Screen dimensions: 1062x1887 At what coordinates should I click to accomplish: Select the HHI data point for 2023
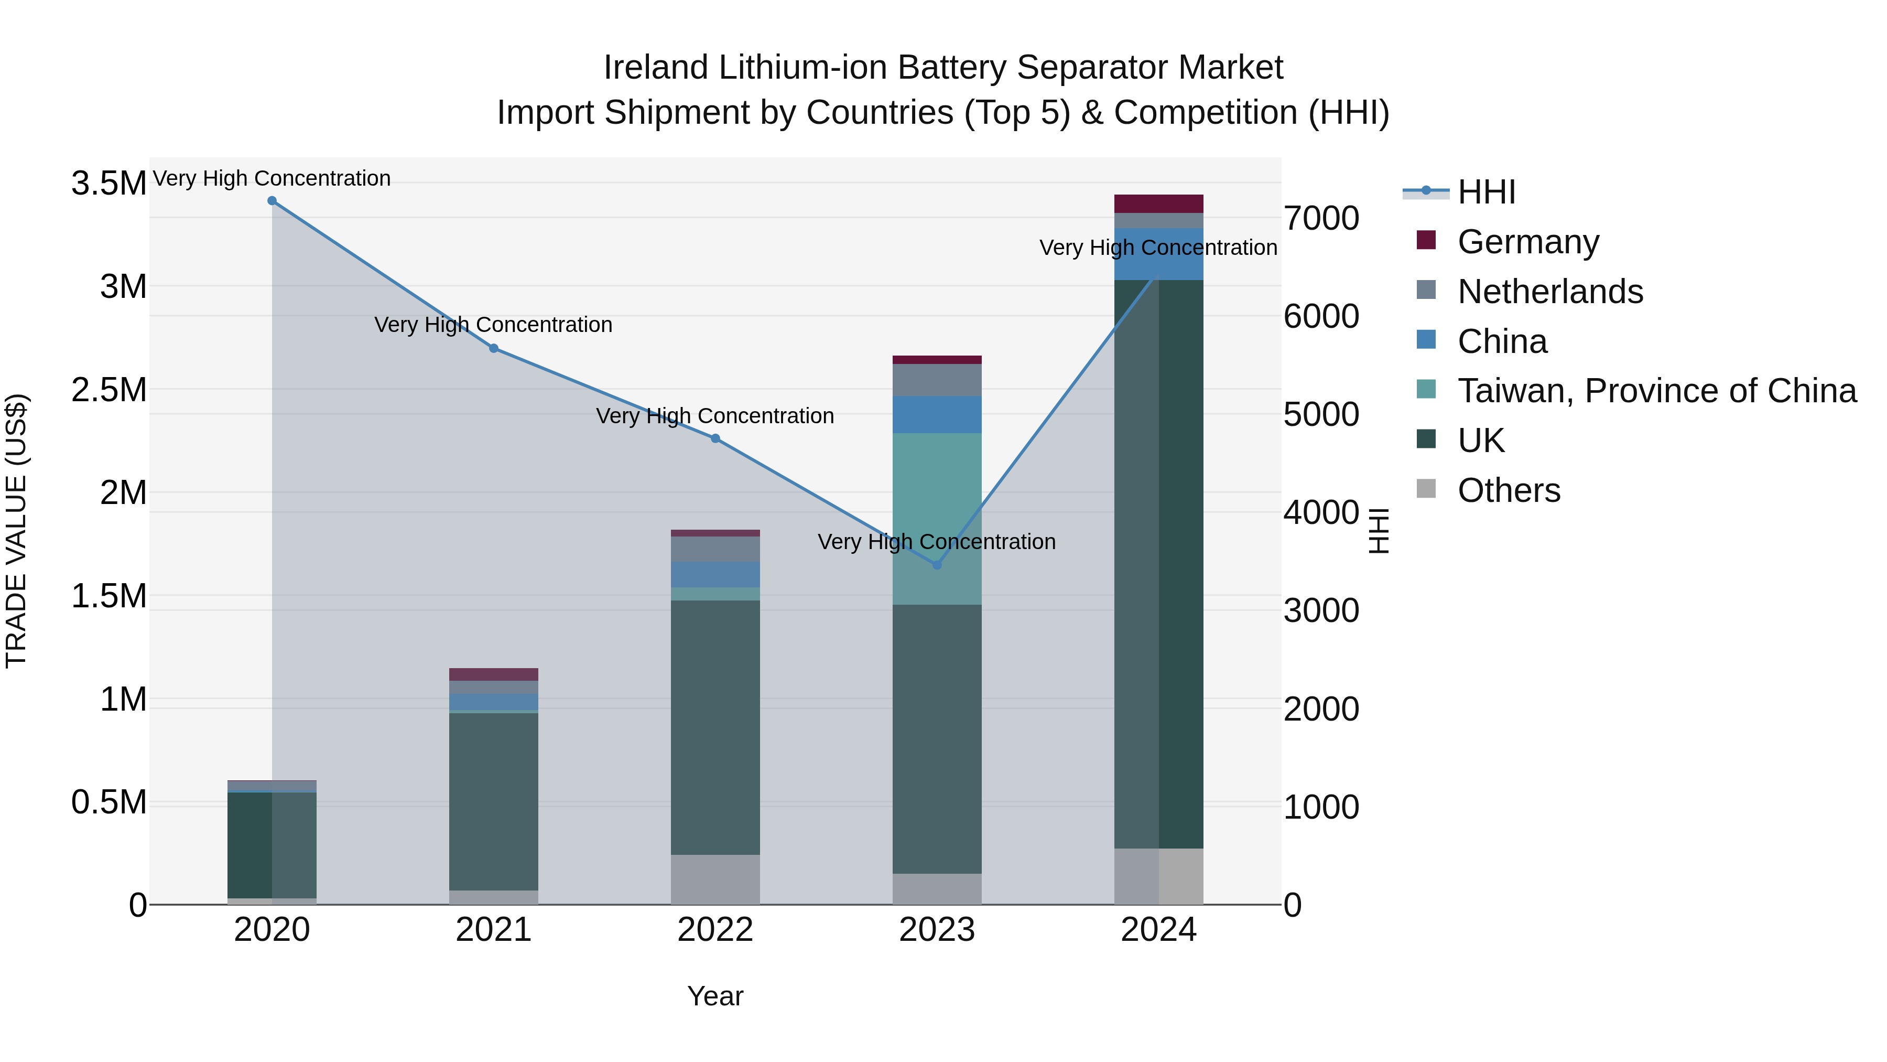(x=937, y=565)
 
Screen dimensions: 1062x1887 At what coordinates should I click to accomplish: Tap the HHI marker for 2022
(x=715, y=438)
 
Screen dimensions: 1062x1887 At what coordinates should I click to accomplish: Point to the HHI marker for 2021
(x=494, y=348)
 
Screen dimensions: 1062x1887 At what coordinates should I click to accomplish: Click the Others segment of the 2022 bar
(x=715, y=879)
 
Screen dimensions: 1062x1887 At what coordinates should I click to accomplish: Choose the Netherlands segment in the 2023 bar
(x=937, y=380)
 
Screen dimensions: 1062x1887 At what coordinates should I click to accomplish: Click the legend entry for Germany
(x=1528, y=242)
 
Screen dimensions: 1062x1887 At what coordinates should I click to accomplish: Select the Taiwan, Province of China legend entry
(x=1656, y=391)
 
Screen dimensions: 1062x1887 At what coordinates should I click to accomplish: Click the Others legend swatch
(x=1426, y=489)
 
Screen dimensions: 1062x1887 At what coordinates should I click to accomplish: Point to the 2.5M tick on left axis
(x=109, y=390)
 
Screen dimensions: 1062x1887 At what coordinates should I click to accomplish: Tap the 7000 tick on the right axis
(x=1321, y=218)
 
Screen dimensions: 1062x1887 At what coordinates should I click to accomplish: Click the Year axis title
(x=715, y=996)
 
